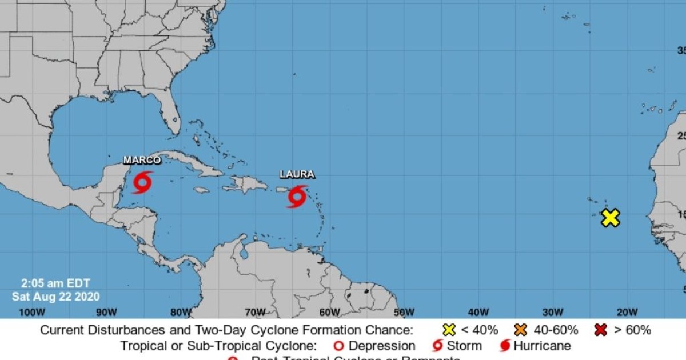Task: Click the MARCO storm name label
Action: pyautogui.click(x=142, y=160)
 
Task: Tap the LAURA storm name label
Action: pyautogui.click(x=297, y=174)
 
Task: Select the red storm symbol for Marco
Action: pyautogui.click(x=142, y=183)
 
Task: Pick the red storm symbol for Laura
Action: pyautogui.click(x=297, y=197)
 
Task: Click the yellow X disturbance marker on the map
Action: pyautogui.click(x=611, y=218)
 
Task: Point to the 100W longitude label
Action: pyautogui.click(x=32, y=312)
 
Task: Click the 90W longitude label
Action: pyautogui.click(x=106, y=312)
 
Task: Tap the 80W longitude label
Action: pyautogui.click(x=181, y=312)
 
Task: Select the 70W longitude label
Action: pyautogui.click(x=255, y=312)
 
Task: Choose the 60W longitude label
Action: pyautogui.click(x=330, y=312)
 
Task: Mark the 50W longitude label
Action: pyautogui.click(x=404, y=312)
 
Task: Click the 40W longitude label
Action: pyautogui.click(x=478, y=312)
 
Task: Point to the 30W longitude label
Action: pyautogui.click(x=553, y=312)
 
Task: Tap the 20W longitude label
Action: pyautogui.click(x=627, y=312)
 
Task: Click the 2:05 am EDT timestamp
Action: pyautogui.click(x=55, y=283)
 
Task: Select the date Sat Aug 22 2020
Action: pyautogui.click(x=55, y=297)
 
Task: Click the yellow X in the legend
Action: pyautogui.click(x=450, y=330)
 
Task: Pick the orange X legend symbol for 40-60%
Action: pyautogui.click(x=521, y=330)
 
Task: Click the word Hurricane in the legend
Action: pyautogui.click(x=542, y=346)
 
